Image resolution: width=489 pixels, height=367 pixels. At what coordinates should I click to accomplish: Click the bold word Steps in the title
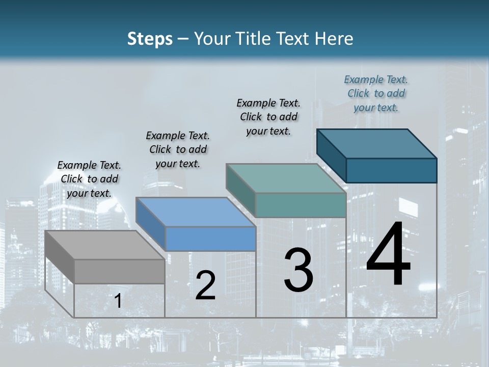point(150,39)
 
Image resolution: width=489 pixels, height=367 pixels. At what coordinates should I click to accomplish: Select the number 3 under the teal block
point(298,270)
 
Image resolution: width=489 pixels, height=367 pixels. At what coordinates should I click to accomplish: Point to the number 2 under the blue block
point(205,285)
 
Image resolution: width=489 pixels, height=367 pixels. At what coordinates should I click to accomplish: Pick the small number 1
point(118,301)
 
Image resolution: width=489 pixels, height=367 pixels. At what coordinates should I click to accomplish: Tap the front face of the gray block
point(119,271)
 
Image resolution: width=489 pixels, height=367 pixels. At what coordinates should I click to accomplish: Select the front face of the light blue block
point(210,239)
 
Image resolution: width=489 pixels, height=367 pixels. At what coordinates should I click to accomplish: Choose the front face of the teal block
point(301,205)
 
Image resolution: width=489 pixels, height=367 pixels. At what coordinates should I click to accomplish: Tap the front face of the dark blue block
point(391,170)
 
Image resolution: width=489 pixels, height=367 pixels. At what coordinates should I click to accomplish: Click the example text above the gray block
point(89,179)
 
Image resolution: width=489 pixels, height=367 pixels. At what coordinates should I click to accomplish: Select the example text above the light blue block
point(178,149)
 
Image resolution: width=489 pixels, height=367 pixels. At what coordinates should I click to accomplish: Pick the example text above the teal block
point(268,117)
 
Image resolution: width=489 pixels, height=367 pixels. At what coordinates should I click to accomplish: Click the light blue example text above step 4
point(376,93)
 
